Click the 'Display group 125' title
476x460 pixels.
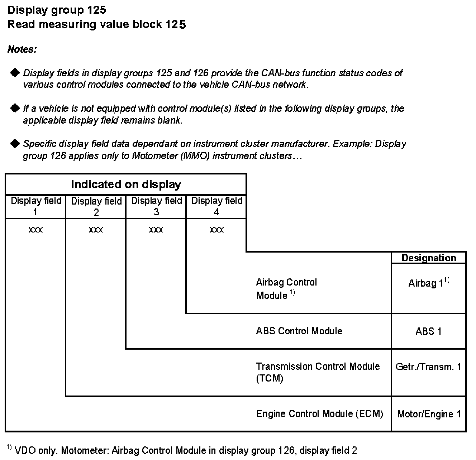pos(57,10)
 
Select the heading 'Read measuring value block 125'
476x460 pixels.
pos(96,24)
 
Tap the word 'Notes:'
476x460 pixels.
pos(22,49)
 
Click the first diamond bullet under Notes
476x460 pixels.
pos(15,73)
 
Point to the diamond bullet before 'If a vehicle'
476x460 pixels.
pos(15,108)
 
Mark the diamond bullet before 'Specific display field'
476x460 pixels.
pos(15,144)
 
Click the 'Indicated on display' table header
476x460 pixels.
pos(126,184)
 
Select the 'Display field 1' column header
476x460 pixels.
pos(36,206)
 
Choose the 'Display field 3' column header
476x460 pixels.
pos(156,206)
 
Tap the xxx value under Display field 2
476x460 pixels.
pos(96,230)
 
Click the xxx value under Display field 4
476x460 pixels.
pos(216,230)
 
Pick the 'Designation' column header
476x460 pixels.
pos(429,258)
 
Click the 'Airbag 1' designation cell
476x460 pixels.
pos(429,283)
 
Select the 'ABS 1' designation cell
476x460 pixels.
pos(429,331)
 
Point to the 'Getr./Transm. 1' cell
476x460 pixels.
pos(429,367)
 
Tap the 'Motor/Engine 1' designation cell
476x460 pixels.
pos(429,414)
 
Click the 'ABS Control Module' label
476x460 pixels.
pos(299,331)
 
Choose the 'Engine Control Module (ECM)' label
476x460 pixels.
pos(319,414)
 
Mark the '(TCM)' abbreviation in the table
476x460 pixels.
pos(270,379)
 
